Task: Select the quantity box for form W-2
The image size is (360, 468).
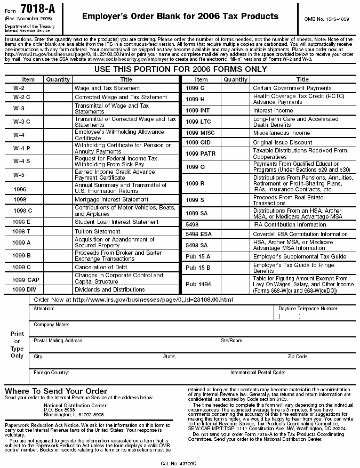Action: click(x=58, y=88)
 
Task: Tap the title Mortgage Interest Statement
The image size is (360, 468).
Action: click(x=111, y=199)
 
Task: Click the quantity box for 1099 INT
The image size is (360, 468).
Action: click(x=235, y=110)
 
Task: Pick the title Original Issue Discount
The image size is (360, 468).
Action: click(x=283, y=142)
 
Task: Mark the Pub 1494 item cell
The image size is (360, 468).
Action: click(x=198, y=284)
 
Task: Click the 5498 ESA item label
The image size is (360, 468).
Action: click(x=199, y=234)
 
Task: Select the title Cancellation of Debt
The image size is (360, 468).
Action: click(x=101, y=267)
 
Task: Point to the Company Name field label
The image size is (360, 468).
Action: click(x=51, y=324)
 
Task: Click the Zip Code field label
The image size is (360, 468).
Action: click(x=298, y=356)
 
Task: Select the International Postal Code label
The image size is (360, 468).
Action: click(x=258, y=372)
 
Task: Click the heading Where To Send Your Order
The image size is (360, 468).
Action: click(x=56, y=391)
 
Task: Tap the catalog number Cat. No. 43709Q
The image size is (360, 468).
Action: click(x=179, y=463)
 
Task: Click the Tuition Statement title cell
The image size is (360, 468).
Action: click(x=97, y=231)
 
